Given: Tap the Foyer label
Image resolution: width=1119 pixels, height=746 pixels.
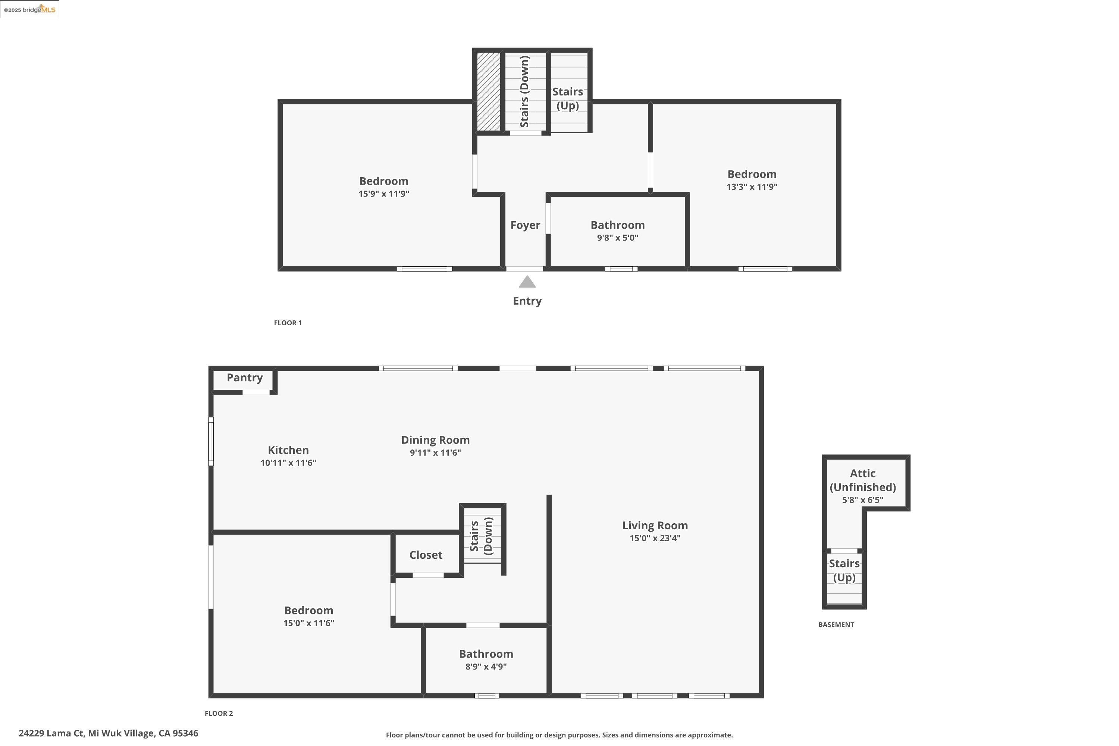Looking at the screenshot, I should (525, 225).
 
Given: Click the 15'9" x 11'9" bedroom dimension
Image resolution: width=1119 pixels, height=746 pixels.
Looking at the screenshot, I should (383, 194).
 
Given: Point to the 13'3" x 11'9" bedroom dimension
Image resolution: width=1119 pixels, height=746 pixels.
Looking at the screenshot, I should (751, 187).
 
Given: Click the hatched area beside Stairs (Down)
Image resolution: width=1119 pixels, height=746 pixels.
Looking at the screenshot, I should (489, 91).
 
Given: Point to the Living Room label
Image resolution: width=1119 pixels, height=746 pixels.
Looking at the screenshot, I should (655, 525).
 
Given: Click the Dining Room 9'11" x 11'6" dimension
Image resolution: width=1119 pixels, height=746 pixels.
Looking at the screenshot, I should (435, 452).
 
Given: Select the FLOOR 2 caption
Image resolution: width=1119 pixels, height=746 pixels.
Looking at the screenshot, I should (218, 713).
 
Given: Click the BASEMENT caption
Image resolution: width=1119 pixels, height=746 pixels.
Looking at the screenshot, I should (836, 625).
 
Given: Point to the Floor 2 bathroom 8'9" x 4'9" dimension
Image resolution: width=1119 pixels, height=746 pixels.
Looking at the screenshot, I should (485, 667).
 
